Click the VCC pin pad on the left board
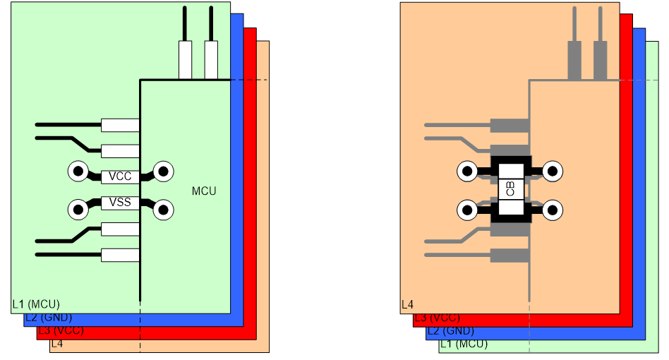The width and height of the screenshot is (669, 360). pyautogui.click(x=120, y=176)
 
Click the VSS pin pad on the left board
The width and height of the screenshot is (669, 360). pyautogui.click(x=120, y=203)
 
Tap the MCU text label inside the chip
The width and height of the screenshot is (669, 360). pyautogui.click(x=204, y=191)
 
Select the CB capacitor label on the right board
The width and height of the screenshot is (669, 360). pyautogui.click(x=510, y=188)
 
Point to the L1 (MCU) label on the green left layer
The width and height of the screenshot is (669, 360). pyautogui.click(x=36, y=304)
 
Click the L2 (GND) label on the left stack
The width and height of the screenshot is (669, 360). pyautogui.click(x=49, y=318)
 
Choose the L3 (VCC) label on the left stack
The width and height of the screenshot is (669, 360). pyautogui.click(x=61, y=330)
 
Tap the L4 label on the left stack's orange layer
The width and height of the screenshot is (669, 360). pyautogui.click(x=57, y=344)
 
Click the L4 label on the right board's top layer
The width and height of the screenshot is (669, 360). pyautogui.click(x=407, y=304)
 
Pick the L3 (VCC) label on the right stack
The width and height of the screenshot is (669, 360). pyautogui.click(x=438, y=318)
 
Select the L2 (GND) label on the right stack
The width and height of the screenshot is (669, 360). pyautogui.click(x=450, y=331)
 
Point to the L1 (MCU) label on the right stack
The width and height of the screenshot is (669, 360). pyautogui.click(x=464, y=344)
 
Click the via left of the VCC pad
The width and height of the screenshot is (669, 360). pyautogui.click(x=78, y=172)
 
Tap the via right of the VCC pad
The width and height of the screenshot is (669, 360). pyautogui.click(x=164, y=172)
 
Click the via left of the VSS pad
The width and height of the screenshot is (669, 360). pyautogui.click(x=78, y=210)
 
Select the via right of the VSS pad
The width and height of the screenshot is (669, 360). pyautogui.click(x=164, y=210)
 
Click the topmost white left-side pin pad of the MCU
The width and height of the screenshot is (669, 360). pyautogui.click(x=120, y=126)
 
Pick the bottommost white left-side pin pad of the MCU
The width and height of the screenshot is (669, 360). pyautogui.click(x=120, y=255)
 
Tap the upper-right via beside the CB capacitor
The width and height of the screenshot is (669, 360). pyautogui.click(x=553, y=172)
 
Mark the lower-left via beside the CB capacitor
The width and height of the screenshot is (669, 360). pyautogui.click(x=468, y=210)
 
